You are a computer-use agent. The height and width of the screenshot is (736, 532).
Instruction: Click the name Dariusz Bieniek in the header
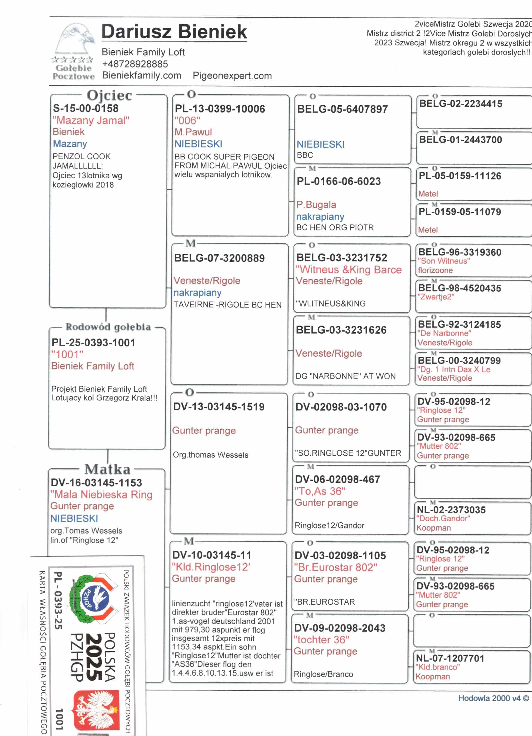(x=174, y=32)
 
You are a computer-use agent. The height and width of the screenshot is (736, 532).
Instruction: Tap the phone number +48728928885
(x=135, y=64)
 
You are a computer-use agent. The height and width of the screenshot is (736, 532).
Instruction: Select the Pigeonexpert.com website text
(x=232, y=76)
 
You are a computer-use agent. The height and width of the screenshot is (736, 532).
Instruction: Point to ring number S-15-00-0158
(x=86, y=108)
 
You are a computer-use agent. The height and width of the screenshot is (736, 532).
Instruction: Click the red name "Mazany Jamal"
(x=91, y=120)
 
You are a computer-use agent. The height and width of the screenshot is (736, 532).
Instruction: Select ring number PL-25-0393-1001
(x=93, y=342)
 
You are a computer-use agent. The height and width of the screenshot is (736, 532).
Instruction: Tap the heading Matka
(x=107, y=469)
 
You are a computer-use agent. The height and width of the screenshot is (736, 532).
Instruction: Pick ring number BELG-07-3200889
(x=219, y=258)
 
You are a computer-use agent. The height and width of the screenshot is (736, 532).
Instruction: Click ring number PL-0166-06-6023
(x=339, y=181)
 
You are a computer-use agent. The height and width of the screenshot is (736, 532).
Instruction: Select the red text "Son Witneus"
(x=444, y=261)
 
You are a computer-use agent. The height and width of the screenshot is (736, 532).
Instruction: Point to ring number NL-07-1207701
(x=450, y=658)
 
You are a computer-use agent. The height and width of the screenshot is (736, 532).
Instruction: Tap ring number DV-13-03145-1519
(x=219, y=407)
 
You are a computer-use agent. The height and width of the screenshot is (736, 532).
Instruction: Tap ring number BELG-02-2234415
(x=461, y=104)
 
